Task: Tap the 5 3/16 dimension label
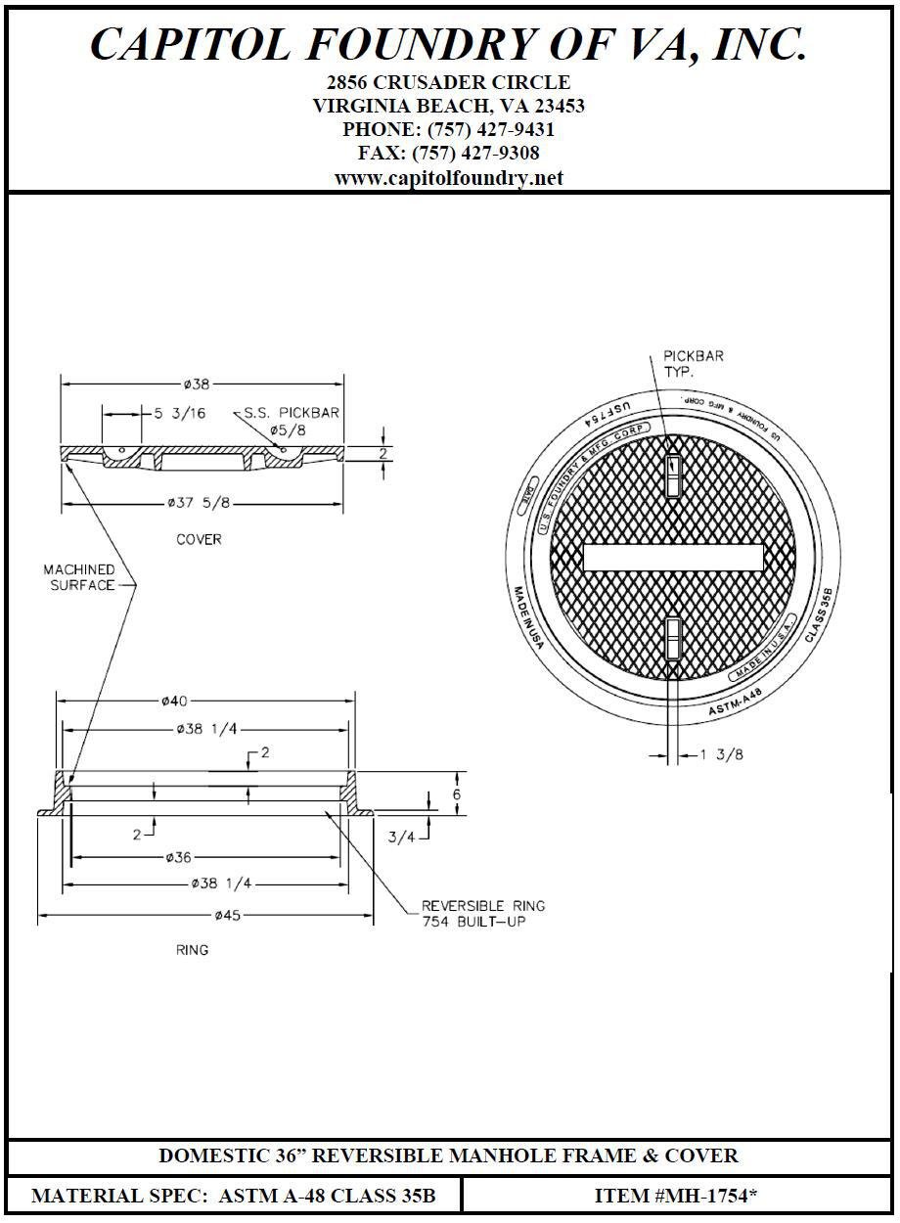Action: click(180, 413)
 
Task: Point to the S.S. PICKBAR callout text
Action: click(292, 413)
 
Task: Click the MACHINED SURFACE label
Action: click(78, 577)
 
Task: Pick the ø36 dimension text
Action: click(178, 857)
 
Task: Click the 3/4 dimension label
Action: click(400, 837)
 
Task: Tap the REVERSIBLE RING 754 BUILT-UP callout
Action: click(482, 914)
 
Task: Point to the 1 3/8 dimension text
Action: click(721, 754)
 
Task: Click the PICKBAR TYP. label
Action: click(693, 364)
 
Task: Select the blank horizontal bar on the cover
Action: click(673, 558)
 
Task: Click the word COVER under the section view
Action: click(199, 539)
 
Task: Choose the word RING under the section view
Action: click(192, 949)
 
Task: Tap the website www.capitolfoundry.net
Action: click(449, 178)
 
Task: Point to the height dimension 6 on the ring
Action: click(456, 794)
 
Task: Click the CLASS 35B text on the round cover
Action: click(819, 614)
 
